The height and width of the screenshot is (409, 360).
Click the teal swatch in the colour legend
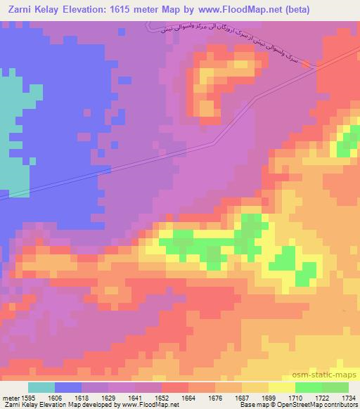click(x=41, y=387)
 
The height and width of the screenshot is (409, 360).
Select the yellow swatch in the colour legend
click(x=281, y=387)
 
